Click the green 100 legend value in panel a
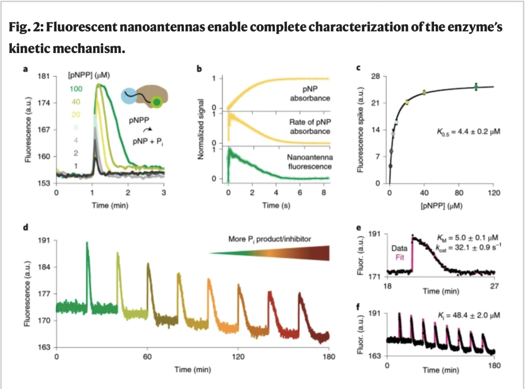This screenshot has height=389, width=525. tap(76, 89)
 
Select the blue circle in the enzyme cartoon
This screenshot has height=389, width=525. tap(129, 96)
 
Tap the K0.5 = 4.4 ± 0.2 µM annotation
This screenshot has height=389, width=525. tap(469, 132)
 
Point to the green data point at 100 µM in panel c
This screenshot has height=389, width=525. tap(476, 87)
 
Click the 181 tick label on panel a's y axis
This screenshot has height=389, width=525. tap(44, 77)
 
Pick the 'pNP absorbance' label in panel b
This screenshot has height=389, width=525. tap(310, 94)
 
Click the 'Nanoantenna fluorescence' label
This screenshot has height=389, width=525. tap(310, 162)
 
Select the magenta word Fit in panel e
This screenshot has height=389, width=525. tap(400, 257)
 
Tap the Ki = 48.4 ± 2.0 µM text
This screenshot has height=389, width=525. tap(469, 315)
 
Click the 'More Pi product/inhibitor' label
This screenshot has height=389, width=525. tap(269, 239)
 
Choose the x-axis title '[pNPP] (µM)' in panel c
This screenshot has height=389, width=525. tap(441, 206)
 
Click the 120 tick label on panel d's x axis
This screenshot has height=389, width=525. tap(238, 357)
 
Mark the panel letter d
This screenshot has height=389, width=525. tap(25, 228)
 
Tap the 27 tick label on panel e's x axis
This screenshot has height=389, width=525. tap(494, 286)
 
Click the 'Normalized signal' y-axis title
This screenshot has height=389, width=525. tap(200, 129)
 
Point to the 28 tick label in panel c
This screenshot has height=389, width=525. tap(375, 77)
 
